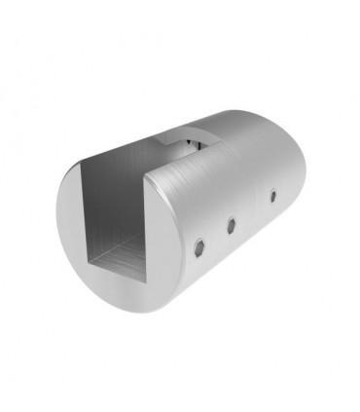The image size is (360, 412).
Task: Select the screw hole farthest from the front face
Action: (271, 198)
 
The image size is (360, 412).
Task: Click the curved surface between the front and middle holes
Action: (216, 235)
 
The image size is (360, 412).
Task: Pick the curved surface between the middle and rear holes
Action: (252, 211)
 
